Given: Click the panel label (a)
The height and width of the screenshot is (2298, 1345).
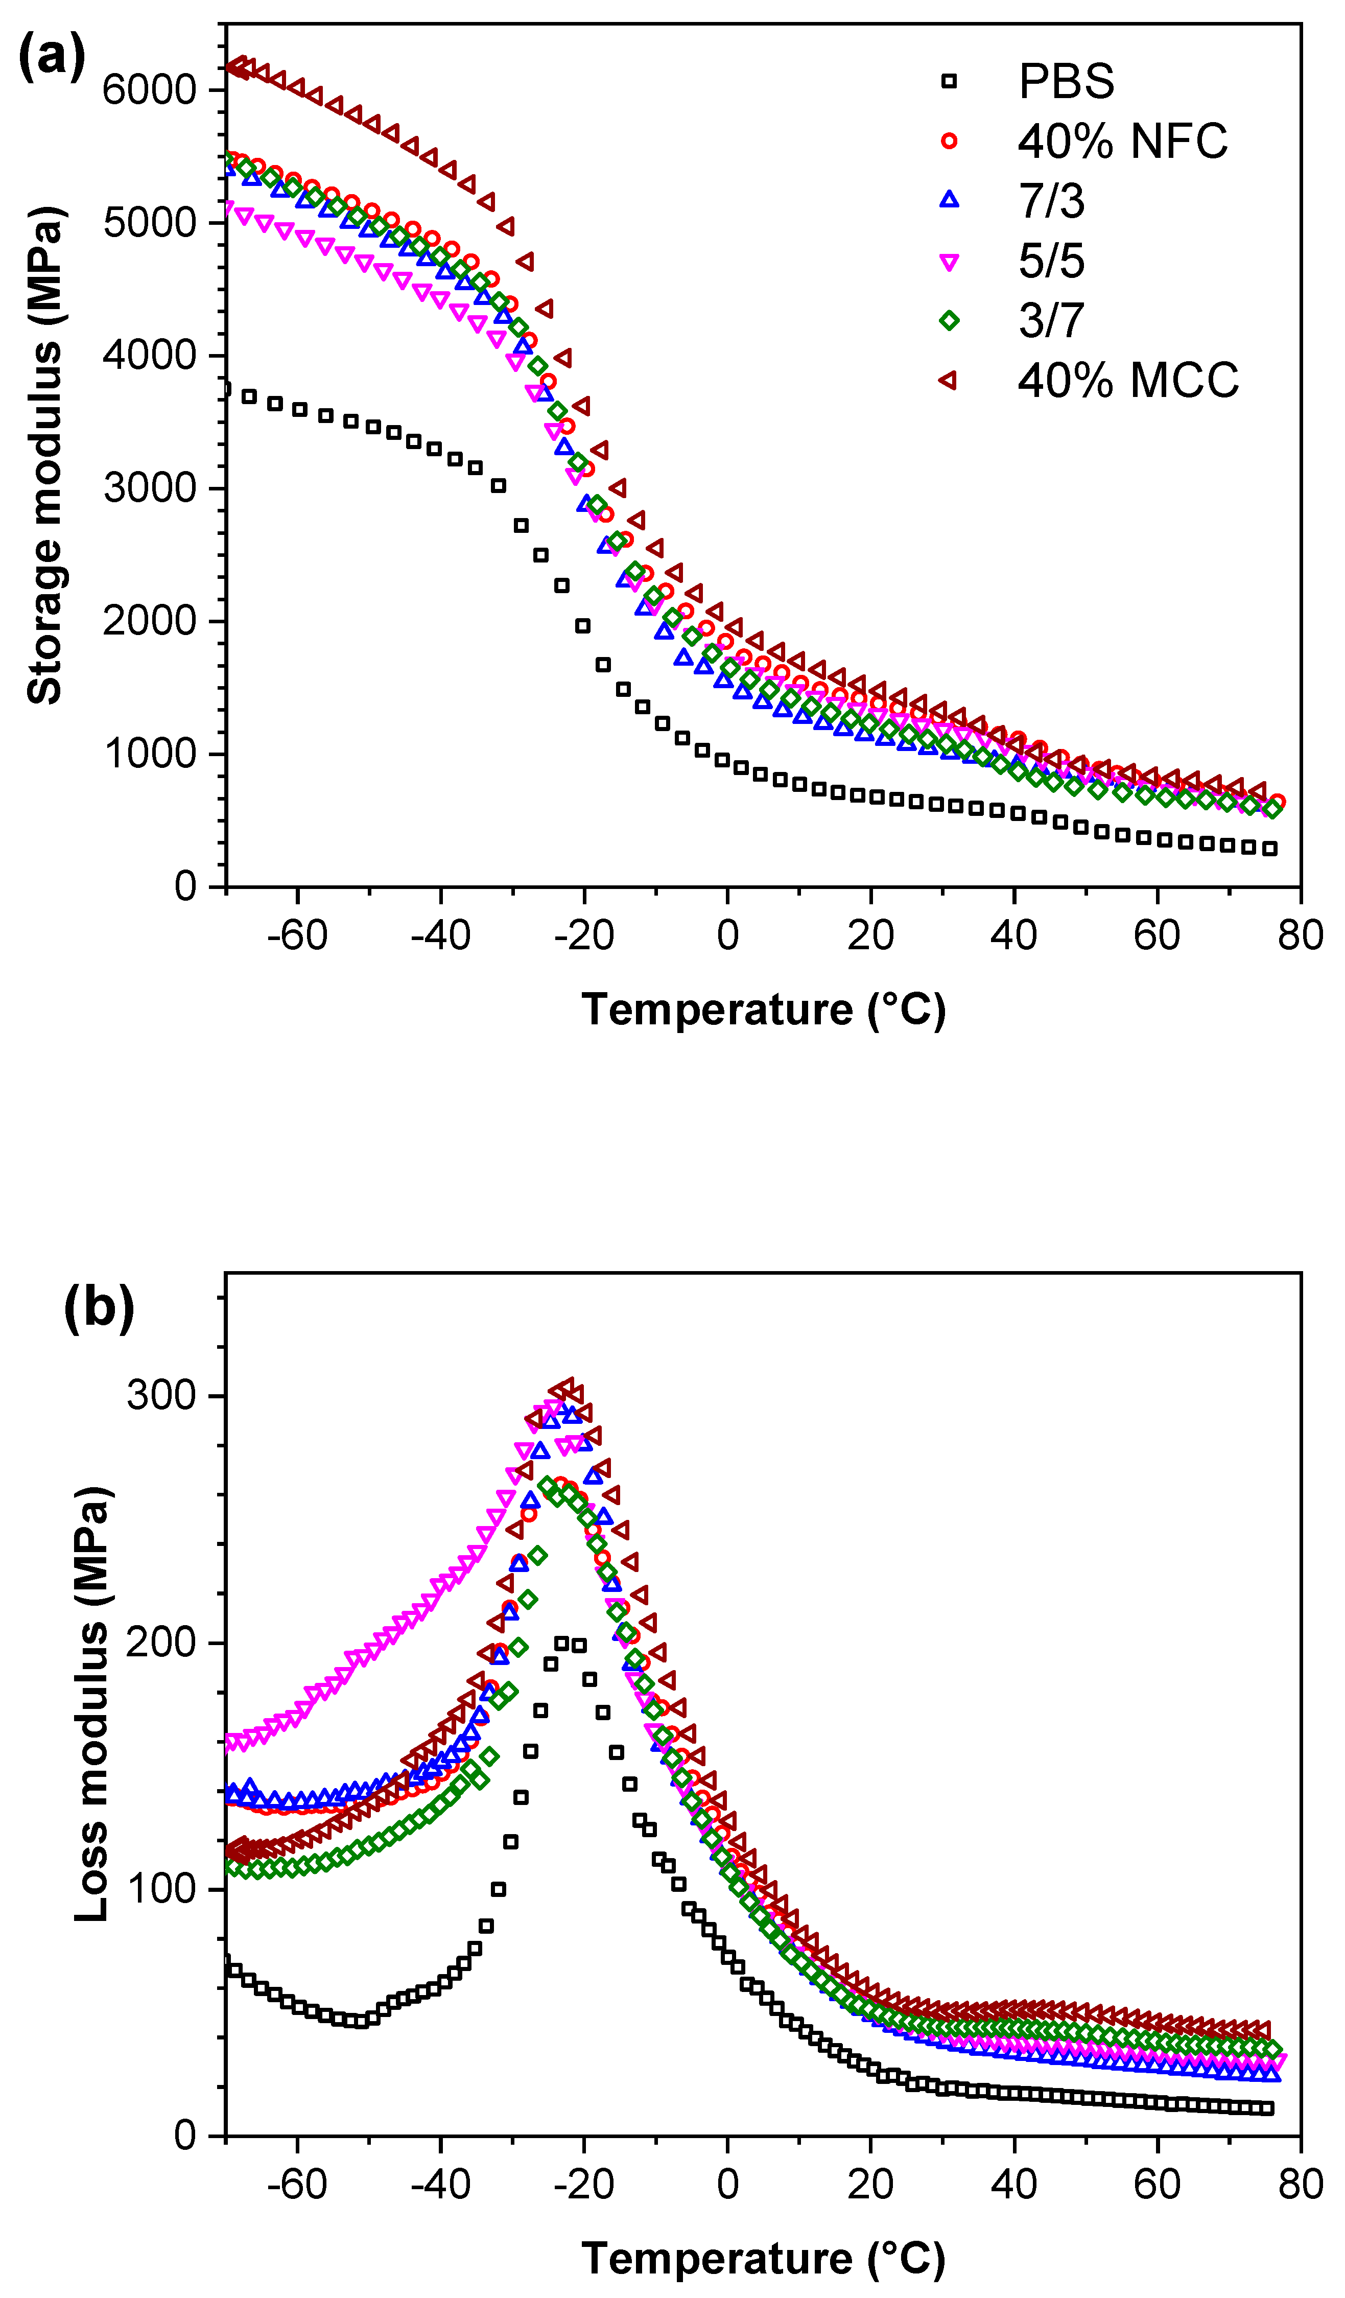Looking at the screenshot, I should [x=52, y=57].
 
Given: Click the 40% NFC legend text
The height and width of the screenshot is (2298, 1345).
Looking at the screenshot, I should [x=1122, y=142].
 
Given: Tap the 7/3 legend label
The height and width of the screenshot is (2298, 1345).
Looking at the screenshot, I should [x=1051, y=201].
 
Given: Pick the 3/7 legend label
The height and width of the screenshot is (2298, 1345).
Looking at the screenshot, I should [x=1051, y=320].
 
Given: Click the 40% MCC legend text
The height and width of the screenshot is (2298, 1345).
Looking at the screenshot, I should [x=1128, y=380].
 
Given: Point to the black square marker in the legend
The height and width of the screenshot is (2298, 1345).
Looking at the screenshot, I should [x=949, y=81].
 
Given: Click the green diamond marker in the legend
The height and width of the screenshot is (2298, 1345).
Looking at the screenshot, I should [x=949, y=320].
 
